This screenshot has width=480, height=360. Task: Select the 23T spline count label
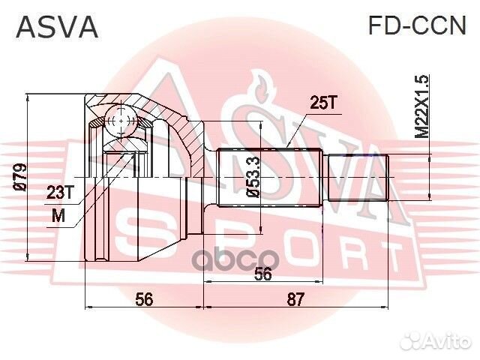(61, 193)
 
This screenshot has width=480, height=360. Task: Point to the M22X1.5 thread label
(423, 106)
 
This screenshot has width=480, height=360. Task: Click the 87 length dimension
(297, 299)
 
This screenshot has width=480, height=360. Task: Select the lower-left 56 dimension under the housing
(145, 299)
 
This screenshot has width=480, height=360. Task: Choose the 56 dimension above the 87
(262, 274)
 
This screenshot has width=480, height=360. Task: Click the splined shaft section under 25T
(270, 178)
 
